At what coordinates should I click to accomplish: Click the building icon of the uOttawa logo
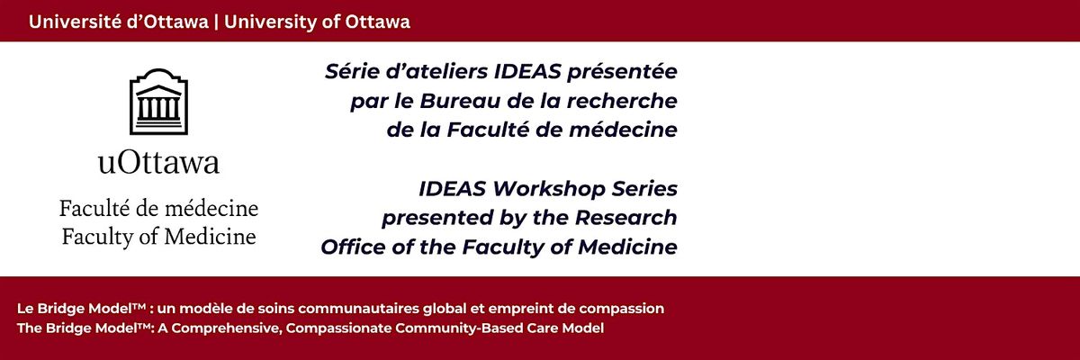click(158, 101)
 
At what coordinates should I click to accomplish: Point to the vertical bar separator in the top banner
click(216, 22)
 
